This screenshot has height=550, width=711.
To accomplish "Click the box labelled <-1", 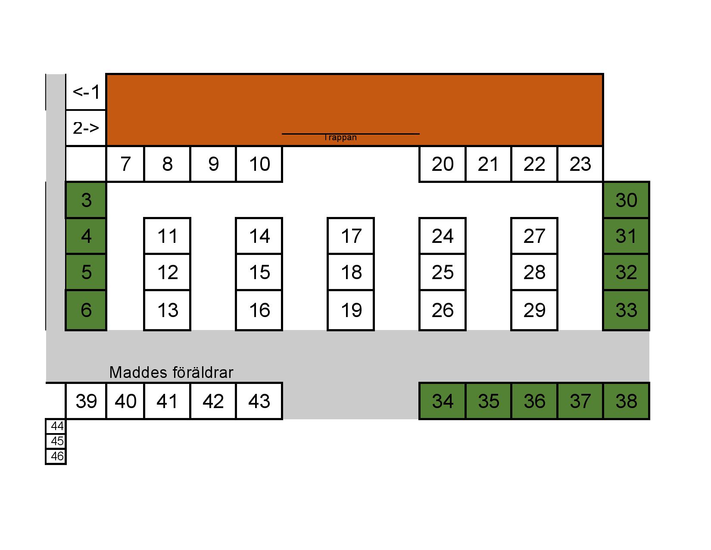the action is (86, 92).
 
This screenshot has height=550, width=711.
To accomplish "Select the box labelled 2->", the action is (86, 128).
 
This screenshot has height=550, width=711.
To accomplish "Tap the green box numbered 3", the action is (86, 200).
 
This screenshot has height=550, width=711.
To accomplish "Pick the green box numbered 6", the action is (86, 310).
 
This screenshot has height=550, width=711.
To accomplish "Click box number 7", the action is (125, 164).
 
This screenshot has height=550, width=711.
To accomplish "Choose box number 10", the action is (259, 164).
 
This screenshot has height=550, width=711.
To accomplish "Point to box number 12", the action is (167, 272).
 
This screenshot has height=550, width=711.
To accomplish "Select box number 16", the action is (259, 310).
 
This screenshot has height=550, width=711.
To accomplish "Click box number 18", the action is (351, 272).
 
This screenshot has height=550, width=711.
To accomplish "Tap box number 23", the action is (580, 164).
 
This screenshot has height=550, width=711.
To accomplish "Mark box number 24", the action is (443, 236).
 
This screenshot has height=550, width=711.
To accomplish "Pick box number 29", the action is (534, 310).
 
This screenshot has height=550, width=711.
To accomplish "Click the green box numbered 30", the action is (626, 200).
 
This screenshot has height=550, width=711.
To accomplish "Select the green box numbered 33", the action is (626, 310).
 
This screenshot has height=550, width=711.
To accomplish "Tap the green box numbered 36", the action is (534, 401).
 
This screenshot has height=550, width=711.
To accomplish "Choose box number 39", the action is (86, 401).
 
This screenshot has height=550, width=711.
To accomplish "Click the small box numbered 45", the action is (56, 441).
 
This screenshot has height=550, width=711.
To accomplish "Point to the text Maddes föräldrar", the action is (171, 372).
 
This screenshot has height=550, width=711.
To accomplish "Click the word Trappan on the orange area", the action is (340, 138).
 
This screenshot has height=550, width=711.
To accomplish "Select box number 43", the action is (259, 401).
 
